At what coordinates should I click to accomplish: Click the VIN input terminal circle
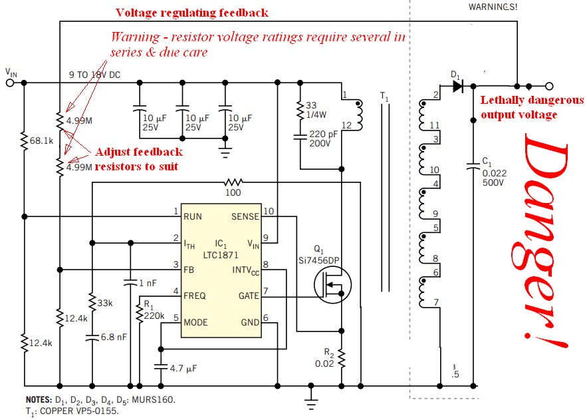(x=11, y=83)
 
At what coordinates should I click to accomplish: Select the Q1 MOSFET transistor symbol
(x=333, y=288)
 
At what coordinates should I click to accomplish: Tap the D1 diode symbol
(x=457, y=86)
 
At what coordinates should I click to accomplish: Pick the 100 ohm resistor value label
(x=233, y=192)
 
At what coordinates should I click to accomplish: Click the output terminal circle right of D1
(x=549, y=86)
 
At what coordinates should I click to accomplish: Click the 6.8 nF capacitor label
(x=112, y=338)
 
